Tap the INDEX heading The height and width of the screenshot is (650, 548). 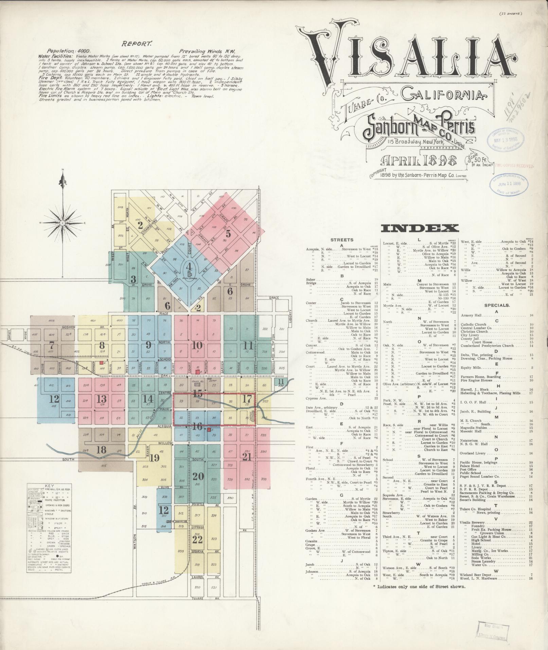(x=420, y=228)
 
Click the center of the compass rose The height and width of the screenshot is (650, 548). (x=63, y=223)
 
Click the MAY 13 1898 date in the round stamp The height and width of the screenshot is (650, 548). (x=506, y=139)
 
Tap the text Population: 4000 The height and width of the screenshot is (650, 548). (x=67, y=50)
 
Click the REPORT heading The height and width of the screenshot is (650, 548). (x=137, y=43)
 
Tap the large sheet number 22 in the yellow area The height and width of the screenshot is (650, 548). (x=197, y=540)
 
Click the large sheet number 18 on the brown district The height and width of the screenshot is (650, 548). (x=101, y=450)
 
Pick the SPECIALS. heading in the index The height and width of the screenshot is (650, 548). (x=497, y=305)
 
